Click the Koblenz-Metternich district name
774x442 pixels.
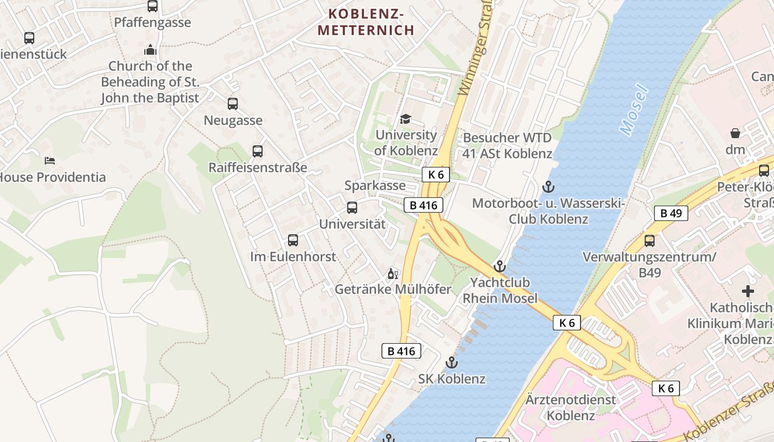coord(366,22)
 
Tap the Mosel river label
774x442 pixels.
coord(634,109)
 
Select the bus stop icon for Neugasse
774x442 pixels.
coord(233,103)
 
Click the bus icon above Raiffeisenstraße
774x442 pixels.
coord(258,151)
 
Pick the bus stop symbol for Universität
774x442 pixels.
coord(352,208)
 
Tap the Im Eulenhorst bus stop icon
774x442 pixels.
coord(293,240)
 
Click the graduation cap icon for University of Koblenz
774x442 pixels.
coord(406,119)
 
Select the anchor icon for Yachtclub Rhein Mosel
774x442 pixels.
coord(500,266)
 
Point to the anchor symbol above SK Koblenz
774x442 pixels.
coord(452,362)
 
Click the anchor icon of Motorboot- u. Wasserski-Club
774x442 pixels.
coord(548,187)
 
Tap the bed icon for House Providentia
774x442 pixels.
coord(50,161)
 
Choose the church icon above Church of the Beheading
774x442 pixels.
coord(150,50)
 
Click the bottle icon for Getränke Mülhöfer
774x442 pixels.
coord(393,273)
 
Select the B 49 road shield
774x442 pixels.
coord(671,213)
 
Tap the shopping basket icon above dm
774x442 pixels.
coord(735,133)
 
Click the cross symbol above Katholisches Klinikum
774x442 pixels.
coord(748,291)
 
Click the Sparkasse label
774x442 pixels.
coord(375,186)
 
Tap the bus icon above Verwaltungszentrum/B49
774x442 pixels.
coord(650,241)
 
